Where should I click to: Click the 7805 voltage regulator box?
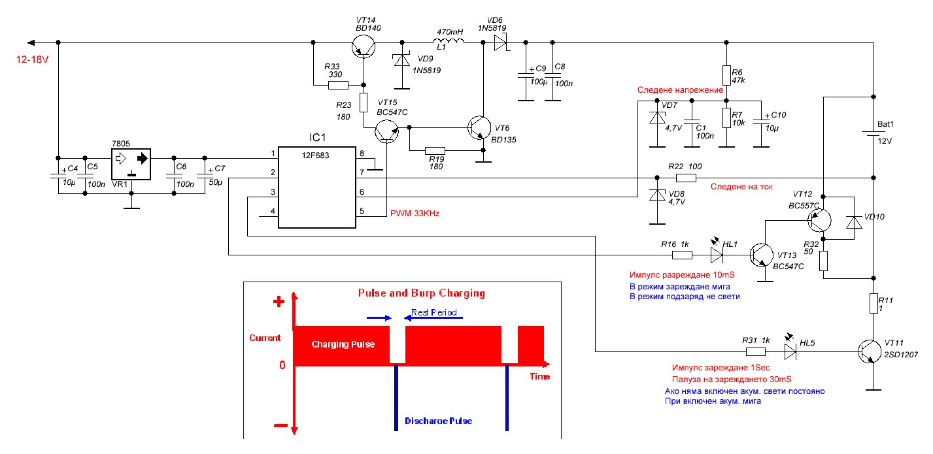click(131, 164)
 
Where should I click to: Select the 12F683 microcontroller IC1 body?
click(317, 187)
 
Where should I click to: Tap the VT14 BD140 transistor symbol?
click(364, 46)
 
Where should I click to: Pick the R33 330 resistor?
click(338, 86)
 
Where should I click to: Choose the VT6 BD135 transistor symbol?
click(479, 128)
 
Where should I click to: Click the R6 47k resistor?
click(726, 75)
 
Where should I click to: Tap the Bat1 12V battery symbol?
click(874, 133)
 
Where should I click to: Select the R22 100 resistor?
click(686, 178)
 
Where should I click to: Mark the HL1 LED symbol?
click(717, 255)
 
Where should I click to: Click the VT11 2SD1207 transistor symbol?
click(870, 351)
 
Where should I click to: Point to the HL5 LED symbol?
click(790, 351)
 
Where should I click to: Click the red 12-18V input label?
click(33, 59)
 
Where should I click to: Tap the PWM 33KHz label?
click(415, 214)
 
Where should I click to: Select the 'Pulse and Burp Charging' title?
click(422, 293)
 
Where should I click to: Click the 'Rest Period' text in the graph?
click(434, 312)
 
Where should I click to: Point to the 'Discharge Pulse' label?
click(439, 421)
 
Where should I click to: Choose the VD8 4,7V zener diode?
click(657, 195)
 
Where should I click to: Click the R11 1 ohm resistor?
click(874, 303)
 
